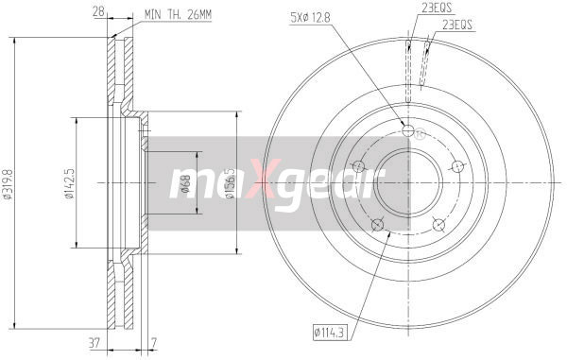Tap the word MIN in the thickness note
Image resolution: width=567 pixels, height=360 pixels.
pyautogui.click(x=153, y=15)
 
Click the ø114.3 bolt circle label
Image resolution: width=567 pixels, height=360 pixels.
pyautogui.click(x=330, y=331)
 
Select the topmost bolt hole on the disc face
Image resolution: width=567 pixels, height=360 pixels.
pyautogui.click(x=407, y=131)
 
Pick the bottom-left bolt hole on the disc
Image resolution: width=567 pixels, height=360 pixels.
pyautogui.click(x=378, y=224)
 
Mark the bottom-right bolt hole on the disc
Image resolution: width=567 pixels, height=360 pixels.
pyautogui.click(x=438, y=223)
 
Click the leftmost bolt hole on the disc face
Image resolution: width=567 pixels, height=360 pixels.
pyautogui.click(x=358, y=167)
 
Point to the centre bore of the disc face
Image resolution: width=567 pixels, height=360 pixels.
pyautogui.click(x=407, y=181)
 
